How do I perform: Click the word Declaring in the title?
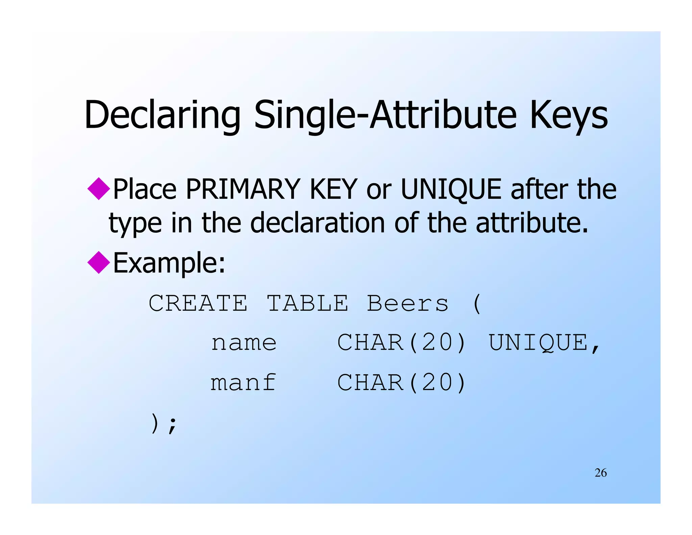[162, 115]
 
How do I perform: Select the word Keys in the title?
[569, 115]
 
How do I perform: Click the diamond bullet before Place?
[99, 188]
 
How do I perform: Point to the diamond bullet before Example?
[99, 262]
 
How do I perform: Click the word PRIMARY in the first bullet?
[243, 189]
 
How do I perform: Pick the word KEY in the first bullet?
[333, 189]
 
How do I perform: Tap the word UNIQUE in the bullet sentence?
[451, 189]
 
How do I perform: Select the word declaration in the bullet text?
[318, 223]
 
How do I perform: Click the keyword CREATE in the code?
[198, 303]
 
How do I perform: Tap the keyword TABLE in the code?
[307, 303]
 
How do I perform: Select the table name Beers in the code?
[408, 303]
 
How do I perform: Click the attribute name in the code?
[244, 343]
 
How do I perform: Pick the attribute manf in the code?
[243, 383]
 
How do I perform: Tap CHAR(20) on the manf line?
[402, 383]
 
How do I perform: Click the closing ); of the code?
[163, 424]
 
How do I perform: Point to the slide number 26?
[600, 473]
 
